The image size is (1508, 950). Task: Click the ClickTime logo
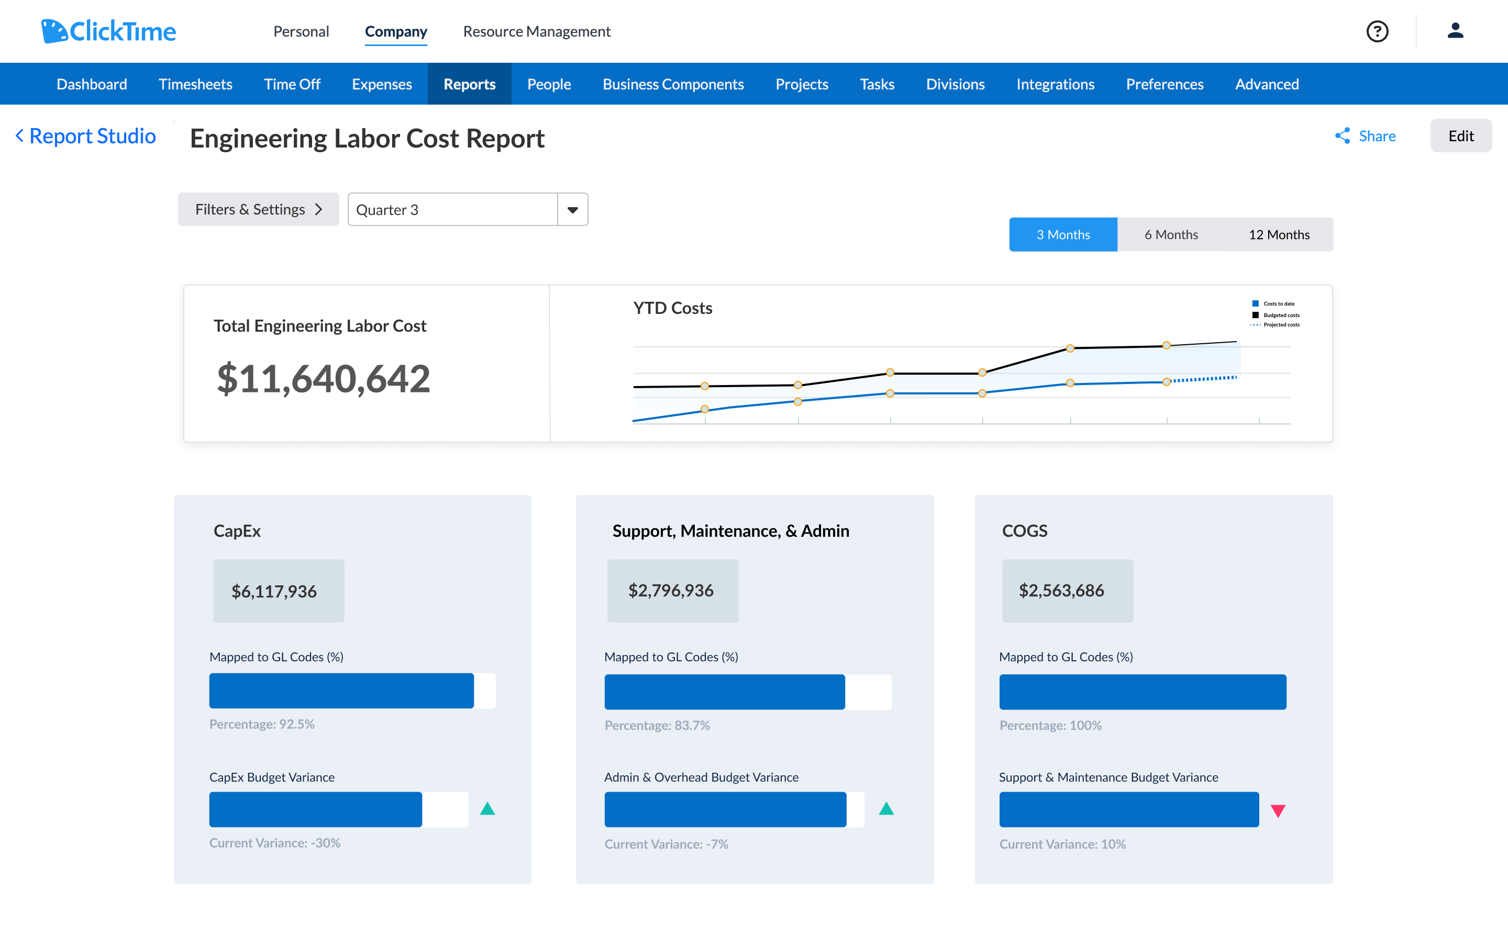[108, 31]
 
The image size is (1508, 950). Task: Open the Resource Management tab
[536, 31]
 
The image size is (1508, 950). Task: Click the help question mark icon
[1377, 31]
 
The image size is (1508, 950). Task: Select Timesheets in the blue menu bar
[195, 84]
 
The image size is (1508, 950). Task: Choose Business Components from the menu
[673, 84]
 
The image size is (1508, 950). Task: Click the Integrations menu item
[1055, 84]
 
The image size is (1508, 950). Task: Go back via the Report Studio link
[86, 136]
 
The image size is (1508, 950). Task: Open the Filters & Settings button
[258, 209]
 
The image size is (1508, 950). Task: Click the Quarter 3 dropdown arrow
[572, 210]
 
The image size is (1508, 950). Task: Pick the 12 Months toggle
[1278, 235]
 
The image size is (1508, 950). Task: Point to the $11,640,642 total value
[323, 379]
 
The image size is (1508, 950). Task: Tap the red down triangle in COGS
[1278, 811]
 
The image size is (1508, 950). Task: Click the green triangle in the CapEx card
[487, 809]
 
